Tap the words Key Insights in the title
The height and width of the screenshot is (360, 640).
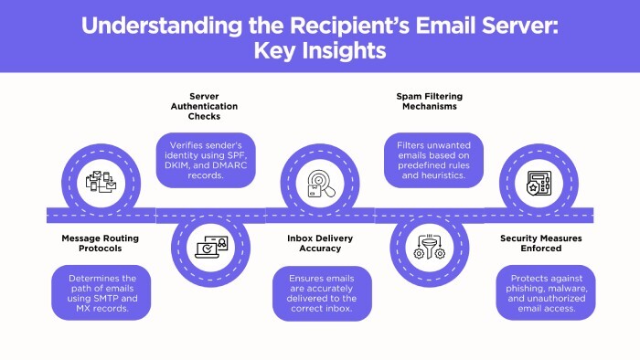[x=320, y=50]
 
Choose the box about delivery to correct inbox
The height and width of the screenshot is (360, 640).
[x=319, y=292]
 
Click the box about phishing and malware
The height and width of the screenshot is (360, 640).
[x=546, y=292]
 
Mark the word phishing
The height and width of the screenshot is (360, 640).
[x=530, y=292]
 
